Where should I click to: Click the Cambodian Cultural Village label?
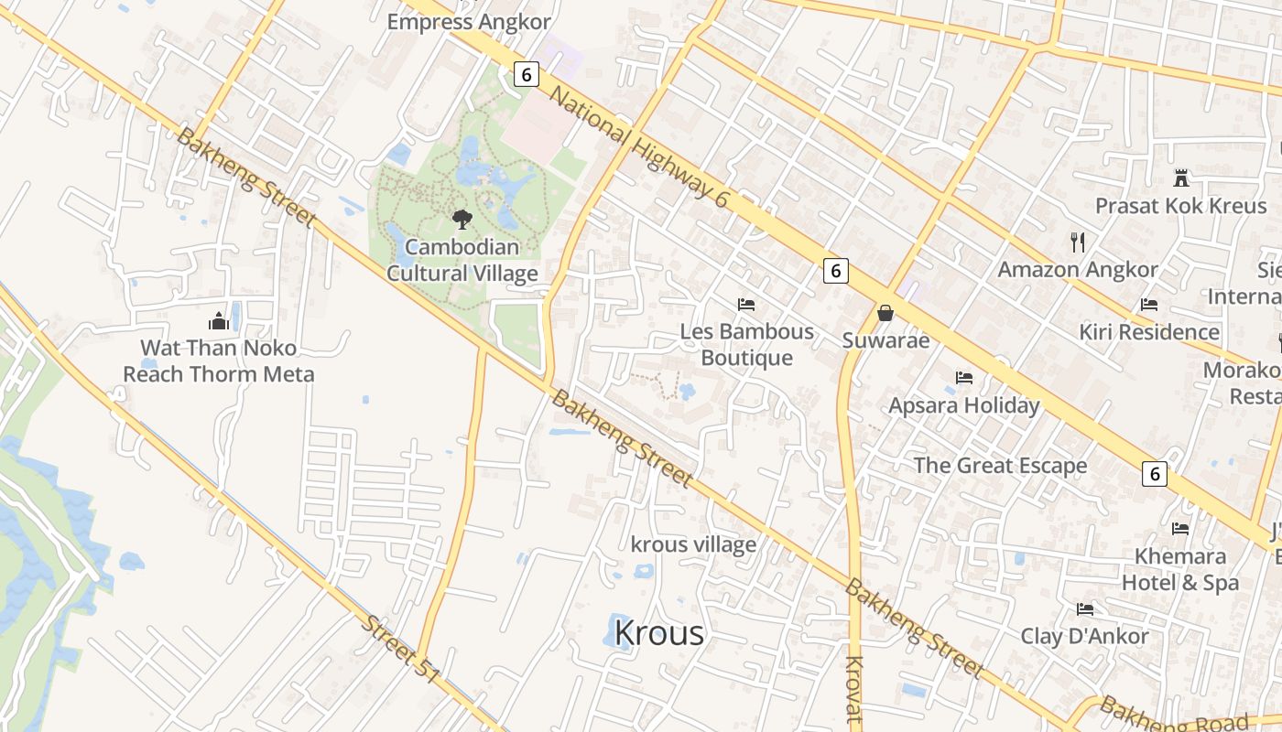[x=462, y=260]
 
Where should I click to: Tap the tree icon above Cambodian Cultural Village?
[x=462, y=220]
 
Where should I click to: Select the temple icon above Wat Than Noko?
[x=218, y=320]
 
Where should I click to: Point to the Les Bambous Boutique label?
[x=746, y=344]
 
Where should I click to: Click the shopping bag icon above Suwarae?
[x=885, y=313]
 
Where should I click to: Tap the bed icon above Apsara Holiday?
[x=963, y=377]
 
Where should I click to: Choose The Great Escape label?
[x=1000, y=465]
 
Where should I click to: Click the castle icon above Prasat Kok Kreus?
[x=1180, y=178]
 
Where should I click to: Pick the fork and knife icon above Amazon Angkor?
[x=1078, y=242]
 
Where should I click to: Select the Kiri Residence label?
[x=1149, y=331]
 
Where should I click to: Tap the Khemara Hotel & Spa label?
[x=1180, y=569]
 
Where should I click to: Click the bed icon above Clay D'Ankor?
[x=1085, y=608]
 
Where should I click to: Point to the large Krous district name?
[x=659, y=632]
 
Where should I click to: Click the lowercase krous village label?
[x=694, y=544]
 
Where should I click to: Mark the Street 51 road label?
[x=400, y=648]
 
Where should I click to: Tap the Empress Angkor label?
[x=469, y=22]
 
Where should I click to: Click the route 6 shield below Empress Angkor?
[x=526, y=74]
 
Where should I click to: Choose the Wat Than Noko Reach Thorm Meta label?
[x=218, y=361]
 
